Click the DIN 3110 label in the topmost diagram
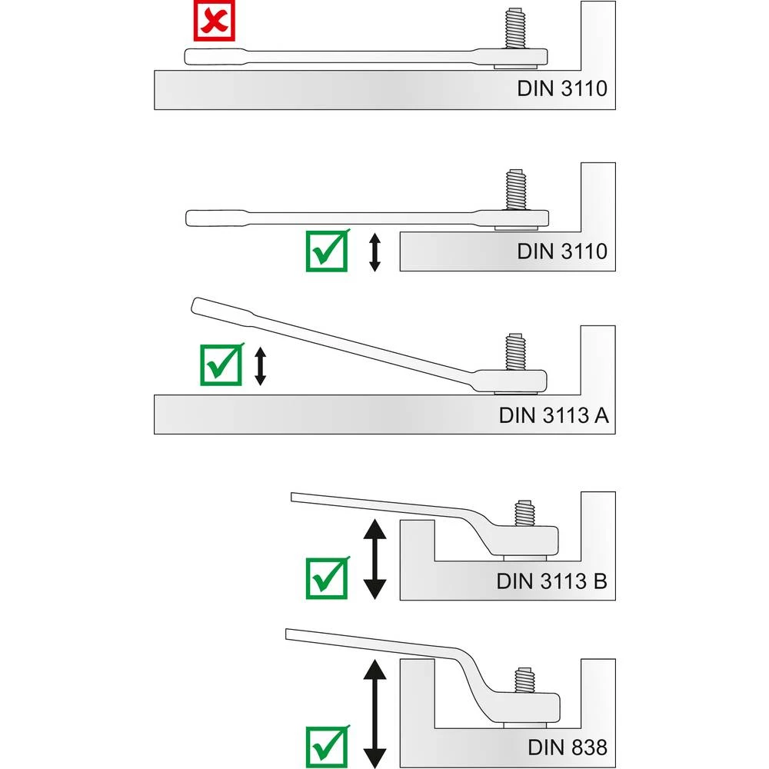click(x=561, y=88)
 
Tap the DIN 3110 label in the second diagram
click(x=561, y=251)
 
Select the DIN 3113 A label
click(x=554, y=415)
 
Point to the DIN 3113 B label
click(x=551, y=581)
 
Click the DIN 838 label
click(x=567, y=746)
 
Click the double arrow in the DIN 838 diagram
click(x=375, y=709)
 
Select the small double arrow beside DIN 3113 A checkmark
click(x=261, y=365)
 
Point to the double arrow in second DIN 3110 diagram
click(x=375, y=252)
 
